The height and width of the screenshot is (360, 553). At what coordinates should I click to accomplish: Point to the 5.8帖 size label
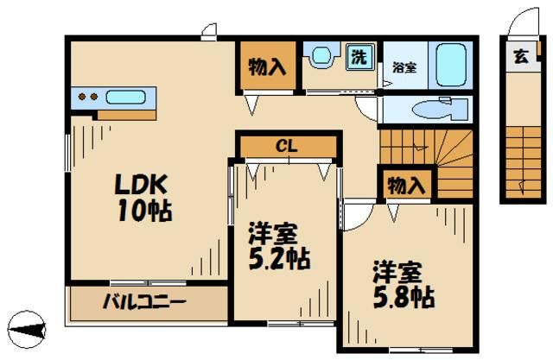[x=403, y=298]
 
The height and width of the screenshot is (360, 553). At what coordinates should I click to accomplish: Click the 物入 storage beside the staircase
[x=406, y=185]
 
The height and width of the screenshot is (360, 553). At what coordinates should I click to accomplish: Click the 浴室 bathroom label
[x=404, y=66]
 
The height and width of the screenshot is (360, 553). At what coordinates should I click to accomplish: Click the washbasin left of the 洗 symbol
[x=321, y=57]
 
